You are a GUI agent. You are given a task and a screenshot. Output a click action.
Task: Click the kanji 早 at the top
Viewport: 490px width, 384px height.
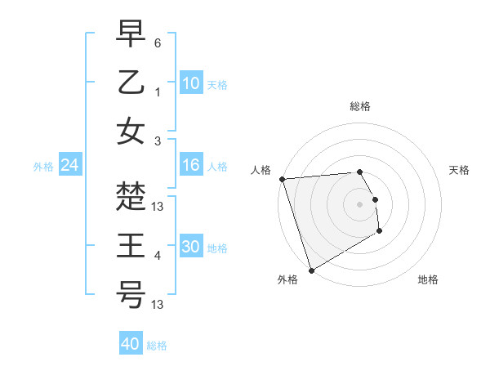(x=131, y=36)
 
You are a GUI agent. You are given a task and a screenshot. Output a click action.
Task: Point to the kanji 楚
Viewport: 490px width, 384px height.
(x=131, y=196)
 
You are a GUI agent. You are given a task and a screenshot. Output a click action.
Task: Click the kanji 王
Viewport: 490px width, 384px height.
(x=131, y=245)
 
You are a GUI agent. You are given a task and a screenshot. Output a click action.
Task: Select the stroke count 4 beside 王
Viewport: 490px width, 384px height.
(x=158, y=257)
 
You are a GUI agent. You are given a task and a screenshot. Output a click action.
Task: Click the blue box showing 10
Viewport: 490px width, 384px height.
(x=190, y=83)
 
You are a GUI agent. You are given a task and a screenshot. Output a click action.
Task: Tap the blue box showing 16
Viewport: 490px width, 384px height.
(x=190, y=165)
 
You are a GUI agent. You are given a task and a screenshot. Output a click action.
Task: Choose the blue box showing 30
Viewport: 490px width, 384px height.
(x=190, y=247)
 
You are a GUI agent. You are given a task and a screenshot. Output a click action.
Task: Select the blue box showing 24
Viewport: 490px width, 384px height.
(x=69, y=165)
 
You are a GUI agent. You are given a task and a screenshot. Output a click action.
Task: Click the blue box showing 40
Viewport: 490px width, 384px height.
(x=130, y=344)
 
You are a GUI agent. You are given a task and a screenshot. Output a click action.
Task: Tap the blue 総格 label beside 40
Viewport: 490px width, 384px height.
(x=157, y=346)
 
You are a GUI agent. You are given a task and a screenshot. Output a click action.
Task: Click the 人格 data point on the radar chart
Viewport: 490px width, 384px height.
(x=282, y=179)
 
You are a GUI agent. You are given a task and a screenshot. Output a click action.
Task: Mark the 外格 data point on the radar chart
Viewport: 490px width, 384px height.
(x=311, y=270)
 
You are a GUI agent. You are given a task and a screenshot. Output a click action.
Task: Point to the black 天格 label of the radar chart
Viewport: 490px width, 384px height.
(x=459, y=170)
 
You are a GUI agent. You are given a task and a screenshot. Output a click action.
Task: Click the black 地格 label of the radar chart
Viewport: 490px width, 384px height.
(x=428, y=279)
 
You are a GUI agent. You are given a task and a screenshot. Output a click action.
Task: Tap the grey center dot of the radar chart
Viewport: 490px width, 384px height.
(x=359, y=203)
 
